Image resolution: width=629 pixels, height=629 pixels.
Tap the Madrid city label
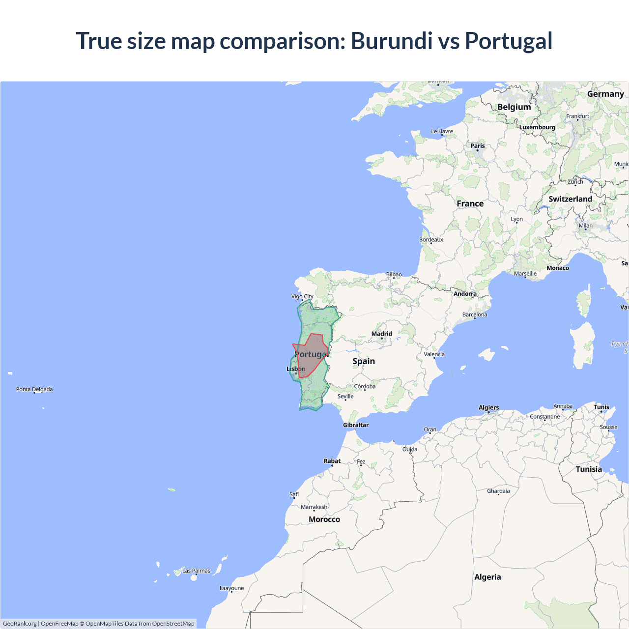coord(382,334)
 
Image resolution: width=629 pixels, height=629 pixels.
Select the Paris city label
coord(478,145)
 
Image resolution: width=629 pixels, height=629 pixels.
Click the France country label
coord(470,203)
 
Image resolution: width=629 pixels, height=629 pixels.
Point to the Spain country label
coord(364,361)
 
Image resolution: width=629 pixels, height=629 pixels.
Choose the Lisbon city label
coord(296,369)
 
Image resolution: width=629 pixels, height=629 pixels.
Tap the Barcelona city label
coord(475,314)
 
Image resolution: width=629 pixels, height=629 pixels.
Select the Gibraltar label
coord(356,425)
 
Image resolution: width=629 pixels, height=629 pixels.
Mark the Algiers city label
coord(488,407)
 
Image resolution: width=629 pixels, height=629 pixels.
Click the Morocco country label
coord(324,519)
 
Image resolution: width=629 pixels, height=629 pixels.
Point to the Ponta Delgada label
coord(34,389)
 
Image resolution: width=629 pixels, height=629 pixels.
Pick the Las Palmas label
coord(196,571)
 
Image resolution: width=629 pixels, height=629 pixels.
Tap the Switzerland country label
coord(570,199)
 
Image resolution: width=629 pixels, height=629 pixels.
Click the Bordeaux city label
coord(431,240)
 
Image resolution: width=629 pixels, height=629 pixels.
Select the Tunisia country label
coord(589,469)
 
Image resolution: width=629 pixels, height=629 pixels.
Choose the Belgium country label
coord(514,107)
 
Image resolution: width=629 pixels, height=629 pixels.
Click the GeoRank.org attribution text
coord(20,624)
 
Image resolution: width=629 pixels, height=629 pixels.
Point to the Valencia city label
coord(434,354)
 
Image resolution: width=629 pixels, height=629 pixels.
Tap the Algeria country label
coord(487,577)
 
